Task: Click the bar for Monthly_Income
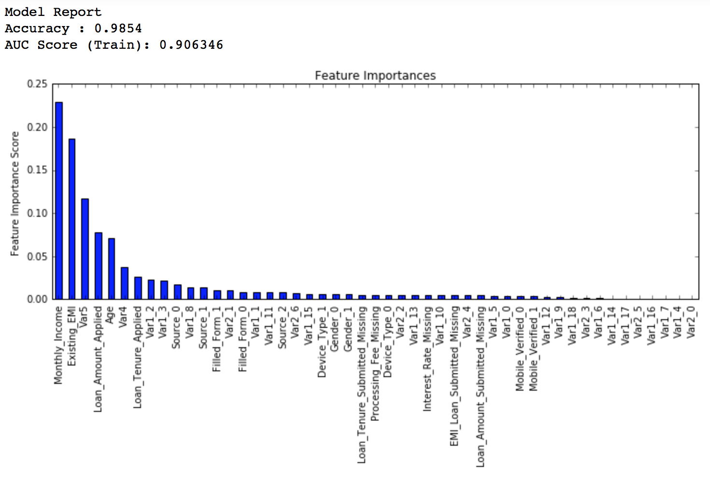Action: tap(59, 200)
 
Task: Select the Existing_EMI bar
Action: tap(72, 219)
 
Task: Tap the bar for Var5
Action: tap(85, 249)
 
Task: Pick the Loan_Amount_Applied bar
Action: tap(99, 266)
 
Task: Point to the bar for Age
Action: tap(112, 268)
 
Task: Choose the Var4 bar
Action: tap(125, 283)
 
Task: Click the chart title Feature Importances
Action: tap(375, 76)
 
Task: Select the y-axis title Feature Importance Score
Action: tap(15, 193)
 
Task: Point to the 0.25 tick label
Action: tap(37, 84)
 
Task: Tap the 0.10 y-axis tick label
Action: tap(37, 213)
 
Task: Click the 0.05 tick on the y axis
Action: tap(37, 256)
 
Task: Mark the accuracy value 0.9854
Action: tap(118, 28)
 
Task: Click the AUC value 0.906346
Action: tap(191, 45)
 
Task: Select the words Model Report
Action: tap(53, 12)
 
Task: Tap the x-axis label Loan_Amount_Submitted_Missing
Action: tap(481, 386)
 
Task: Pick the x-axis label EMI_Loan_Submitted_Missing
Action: tap(454, 376)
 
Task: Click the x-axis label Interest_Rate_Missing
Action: tap(427, 359)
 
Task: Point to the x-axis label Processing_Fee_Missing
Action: tap(375, 363)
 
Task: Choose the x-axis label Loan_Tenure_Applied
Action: tap(138, 357)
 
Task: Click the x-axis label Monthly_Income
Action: tap(59, 345)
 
